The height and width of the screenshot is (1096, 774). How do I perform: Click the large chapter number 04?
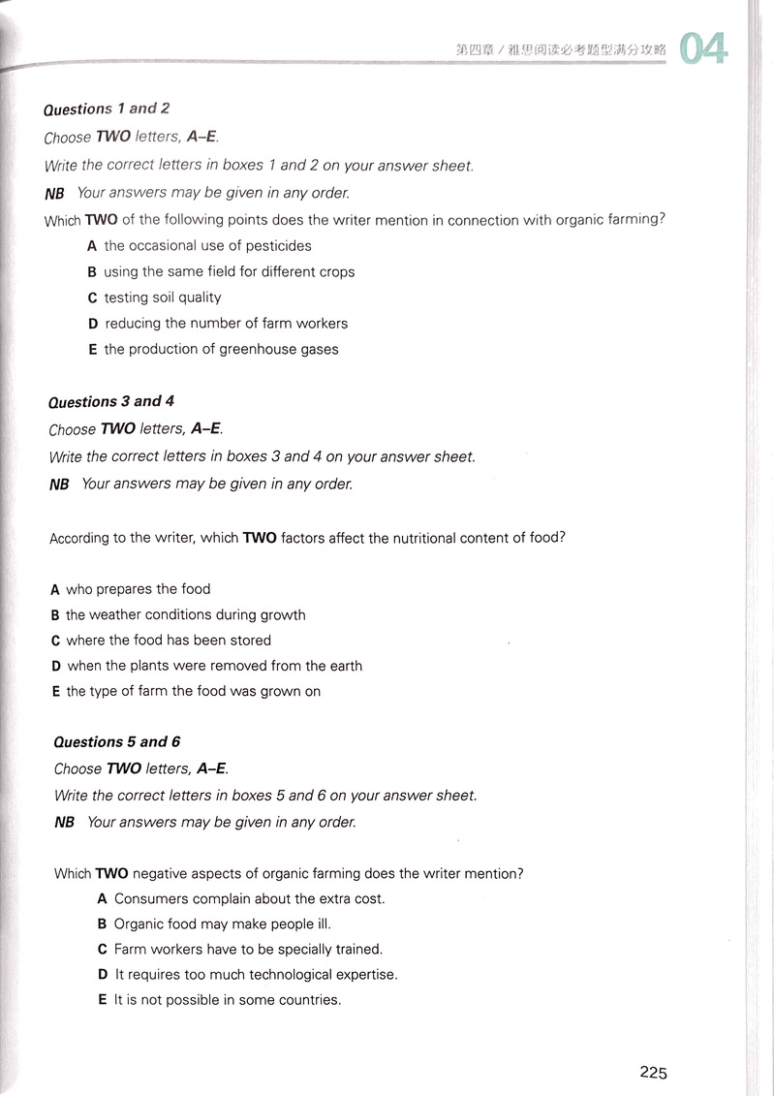[x=703, y=48]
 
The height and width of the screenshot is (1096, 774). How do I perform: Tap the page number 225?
[x=653, y=1072]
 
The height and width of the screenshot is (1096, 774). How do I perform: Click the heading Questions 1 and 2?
[x=107, y=109]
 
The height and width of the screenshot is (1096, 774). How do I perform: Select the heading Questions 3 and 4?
[x=111, y=401]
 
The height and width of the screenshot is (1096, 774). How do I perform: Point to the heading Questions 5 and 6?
[x=116, y=742]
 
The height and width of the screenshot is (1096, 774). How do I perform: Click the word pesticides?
[x=278, y=246]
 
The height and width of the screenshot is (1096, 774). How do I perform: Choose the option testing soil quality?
[x=162, y=297]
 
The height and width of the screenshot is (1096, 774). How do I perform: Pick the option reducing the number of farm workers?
[x=226, y=324]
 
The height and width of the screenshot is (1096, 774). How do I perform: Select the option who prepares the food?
[x=138, y=589]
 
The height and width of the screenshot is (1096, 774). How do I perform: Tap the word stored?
[x=251, y=641]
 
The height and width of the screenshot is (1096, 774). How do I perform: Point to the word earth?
[x=342, y=666]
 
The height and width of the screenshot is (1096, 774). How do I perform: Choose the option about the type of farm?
[x=193, y=692]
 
